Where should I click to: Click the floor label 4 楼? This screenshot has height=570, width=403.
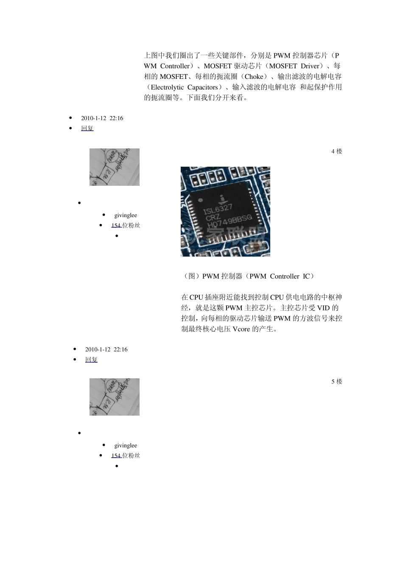click(336, 151)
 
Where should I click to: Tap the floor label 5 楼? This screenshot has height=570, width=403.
click(336, 382)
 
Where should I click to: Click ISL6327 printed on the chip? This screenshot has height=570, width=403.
click(217, 209)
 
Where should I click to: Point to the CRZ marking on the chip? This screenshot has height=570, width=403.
click(213, 217)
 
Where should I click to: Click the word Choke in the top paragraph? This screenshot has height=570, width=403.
click(254, 77)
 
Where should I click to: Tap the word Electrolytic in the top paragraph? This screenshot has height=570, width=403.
click(168, 87)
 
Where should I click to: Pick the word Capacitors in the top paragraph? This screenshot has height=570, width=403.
click(203, 87)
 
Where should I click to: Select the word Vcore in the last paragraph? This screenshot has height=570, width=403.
click(241, 329)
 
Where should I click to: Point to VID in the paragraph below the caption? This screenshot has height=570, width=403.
click(323, 308)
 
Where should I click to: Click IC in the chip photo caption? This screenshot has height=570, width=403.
click(306, 277)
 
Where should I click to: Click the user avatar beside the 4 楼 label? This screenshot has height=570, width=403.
click(114, 167)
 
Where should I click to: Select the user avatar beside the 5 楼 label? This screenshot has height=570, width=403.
click(114, 397)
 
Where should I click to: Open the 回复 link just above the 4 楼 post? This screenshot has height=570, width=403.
click(87, 129)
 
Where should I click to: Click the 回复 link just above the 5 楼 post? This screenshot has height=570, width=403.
click(91, 360)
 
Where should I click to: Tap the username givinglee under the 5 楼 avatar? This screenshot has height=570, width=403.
click(126, 446)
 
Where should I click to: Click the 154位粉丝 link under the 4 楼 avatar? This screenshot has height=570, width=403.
click(126, 226)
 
